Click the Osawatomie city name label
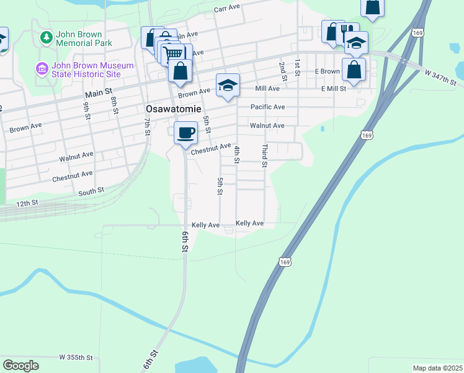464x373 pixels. point(172,108)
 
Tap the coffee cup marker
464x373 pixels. point(185,132)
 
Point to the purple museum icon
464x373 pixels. point(42,68)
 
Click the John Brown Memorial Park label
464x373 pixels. point(84,39)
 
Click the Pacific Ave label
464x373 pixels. point(267,107)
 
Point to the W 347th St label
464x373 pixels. point(440,78)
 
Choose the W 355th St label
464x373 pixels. point(76,357)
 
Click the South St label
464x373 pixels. point(91,193)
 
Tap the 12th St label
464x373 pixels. point(27,203)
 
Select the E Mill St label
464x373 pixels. point(333,89)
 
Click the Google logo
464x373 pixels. point(20,366)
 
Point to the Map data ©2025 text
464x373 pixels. point(437,368)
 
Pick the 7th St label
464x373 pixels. point(148,129)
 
